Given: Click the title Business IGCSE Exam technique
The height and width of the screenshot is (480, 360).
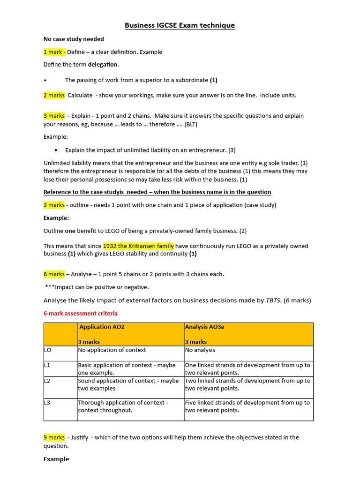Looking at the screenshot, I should click(180, 25).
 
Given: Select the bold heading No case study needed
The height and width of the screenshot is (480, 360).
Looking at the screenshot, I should click(74, 39).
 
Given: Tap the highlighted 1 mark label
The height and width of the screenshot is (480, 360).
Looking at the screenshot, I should click(54, 52).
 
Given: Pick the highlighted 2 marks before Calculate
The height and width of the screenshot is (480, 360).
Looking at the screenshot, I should click(54, 95).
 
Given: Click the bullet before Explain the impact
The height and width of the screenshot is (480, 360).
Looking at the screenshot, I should click(56, 150).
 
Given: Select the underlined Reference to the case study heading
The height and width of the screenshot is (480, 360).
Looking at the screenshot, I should click(157, 192).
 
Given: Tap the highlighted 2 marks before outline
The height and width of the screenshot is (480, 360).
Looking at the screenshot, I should click(54, 205).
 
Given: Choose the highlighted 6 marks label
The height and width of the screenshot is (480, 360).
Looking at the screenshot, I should click(54, 274).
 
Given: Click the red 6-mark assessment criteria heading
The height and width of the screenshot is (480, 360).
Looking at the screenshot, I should click(80, 313).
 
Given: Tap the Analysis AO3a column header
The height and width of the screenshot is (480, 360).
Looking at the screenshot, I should click(205, 327).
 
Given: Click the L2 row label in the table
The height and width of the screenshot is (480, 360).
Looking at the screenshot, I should click(47, 381).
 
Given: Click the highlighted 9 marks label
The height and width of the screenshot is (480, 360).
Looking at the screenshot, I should click(54, 437).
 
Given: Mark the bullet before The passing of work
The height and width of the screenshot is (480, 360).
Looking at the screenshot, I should click(45, 80).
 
